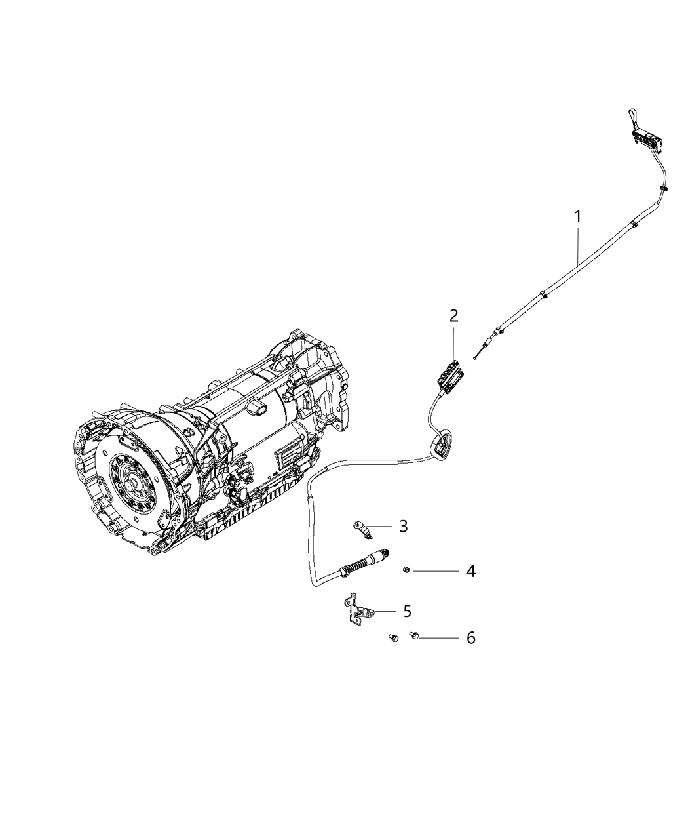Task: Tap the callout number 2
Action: point(453,316)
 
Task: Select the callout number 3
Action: point(404,526)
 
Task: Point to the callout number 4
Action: point(470,571)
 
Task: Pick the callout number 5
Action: point(407,611)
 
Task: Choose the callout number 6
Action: point(470,637)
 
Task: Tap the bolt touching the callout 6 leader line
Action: point(413,635)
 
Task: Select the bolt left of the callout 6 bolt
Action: point(392,637)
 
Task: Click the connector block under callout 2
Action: point(449,374)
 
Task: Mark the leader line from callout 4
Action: point(436,571)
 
